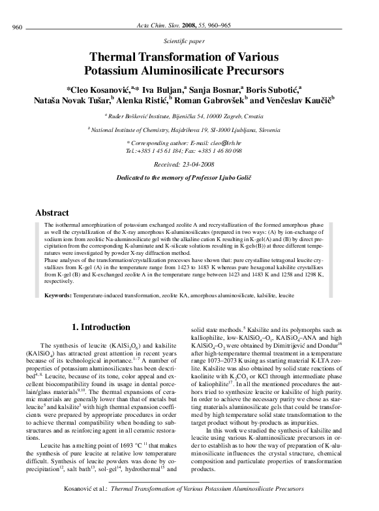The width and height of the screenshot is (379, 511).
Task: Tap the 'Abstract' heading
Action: coord(52,212)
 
